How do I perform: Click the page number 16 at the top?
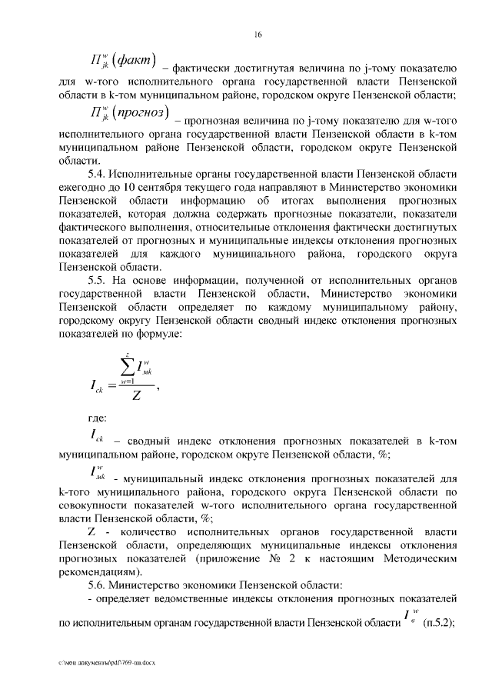click(x=259, y=35)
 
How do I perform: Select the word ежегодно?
click(x=85, y=188)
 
